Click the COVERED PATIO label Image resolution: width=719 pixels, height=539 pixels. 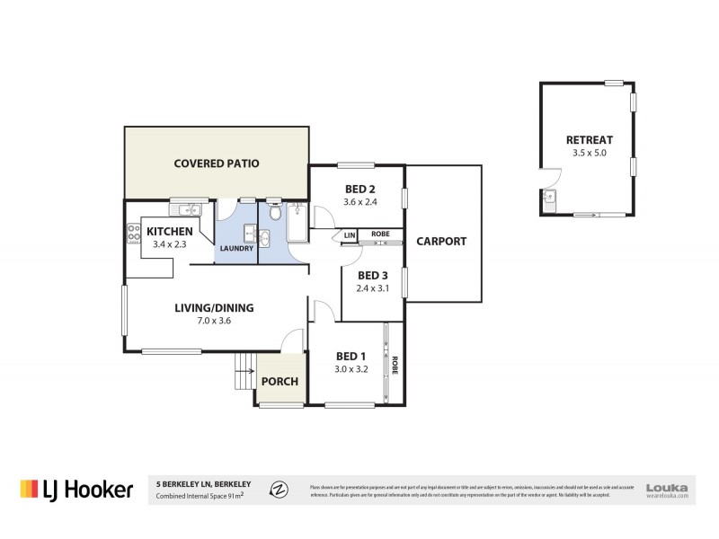(x=216, y=163)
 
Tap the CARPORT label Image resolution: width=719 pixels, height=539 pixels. (x=441, y=241)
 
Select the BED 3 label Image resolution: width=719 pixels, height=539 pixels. (x=371, y=276)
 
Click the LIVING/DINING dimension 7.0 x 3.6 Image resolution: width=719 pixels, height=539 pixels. (x=213, y=321)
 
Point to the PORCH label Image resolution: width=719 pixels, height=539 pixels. (x=280, y=381)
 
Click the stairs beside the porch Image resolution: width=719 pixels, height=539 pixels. (x=243, y=368)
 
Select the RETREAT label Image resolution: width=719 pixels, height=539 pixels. (x=589, y=140)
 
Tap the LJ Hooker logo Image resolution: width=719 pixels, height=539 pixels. (x=76, y=489)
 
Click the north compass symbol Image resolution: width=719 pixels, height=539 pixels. (x=280, y=489)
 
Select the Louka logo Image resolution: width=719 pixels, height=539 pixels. (x=667, y=485)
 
